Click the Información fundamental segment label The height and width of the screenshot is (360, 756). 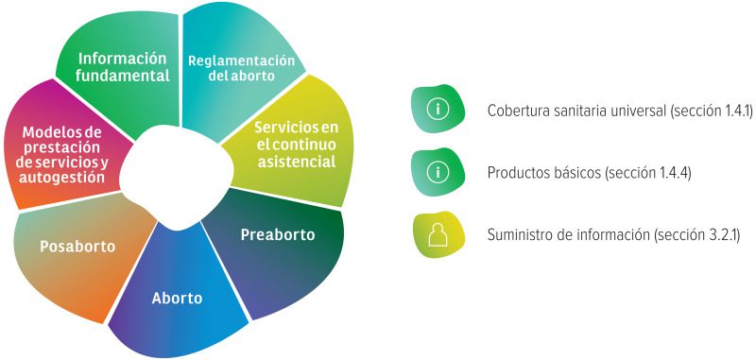pos(123,67)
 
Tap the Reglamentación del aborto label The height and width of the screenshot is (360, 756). pos(241,68)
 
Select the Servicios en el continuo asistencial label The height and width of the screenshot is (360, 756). pos(296,145)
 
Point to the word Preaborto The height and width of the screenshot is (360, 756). pos(278,234)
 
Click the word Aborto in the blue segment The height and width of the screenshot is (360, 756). pos(177,299)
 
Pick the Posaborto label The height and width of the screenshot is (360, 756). pos(77,247)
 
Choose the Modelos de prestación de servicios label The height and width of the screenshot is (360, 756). pos(61,155)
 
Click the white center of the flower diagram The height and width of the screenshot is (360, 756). pos(177,177)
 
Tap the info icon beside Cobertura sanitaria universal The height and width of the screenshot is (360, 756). pos(438,109)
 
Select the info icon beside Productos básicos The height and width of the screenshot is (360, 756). pos(438,172)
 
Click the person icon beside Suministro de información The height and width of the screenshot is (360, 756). pos(438,234)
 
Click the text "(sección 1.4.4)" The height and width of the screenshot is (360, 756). pos(648,173)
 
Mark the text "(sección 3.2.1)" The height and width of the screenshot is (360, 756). pos(696,235)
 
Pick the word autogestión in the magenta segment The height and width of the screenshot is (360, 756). pos(61,178)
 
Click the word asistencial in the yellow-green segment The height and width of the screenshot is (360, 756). pos(296,162)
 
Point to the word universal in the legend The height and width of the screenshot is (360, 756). pos(640,111)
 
